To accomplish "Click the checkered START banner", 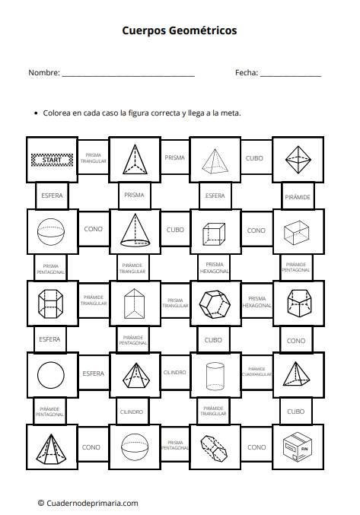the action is (52, 160).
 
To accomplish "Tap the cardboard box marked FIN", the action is (298, 447).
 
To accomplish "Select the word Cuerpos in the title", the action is (144, 30).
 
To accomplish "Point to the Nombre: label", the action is (44, 72).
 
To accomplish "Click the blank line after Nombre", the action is (129, 76).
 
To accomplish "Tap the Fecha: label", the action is (247, 72).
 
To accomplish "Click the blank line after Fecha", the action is (291, 76).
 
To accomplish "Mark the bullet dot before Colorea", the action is (36, 113).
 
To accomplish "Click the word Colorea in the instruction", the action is (57, 113).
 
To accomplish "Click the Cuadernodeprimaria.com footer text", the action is (92, 503).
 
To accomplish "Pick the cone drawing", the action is (135, 230).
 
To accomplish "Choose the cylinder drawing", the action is (215, 376).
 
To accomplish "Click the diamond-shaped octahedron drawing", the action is (298, 160).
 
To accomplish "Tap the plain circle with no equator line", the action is (51, 375).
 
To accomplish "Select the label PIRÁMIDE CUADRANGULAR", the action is (256, 372).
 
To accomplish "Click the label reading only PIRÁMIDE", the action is (298, 197).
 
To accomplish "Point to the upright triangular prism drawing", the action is (134, 304).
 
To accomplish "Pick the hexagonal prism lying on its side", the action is (214, 447).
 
